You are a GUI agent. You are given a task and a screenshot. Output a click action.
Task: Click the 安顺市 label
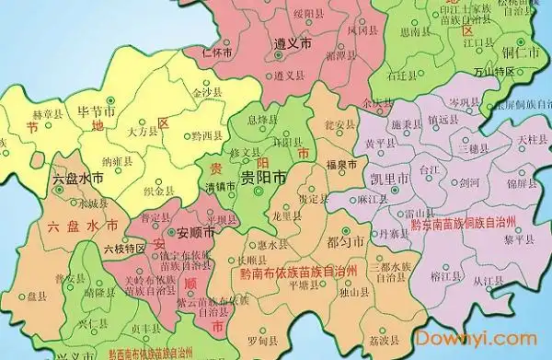click(194, 234)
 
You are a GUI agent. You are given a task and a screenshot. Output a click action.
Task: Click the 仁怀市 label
click(217, 52)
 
